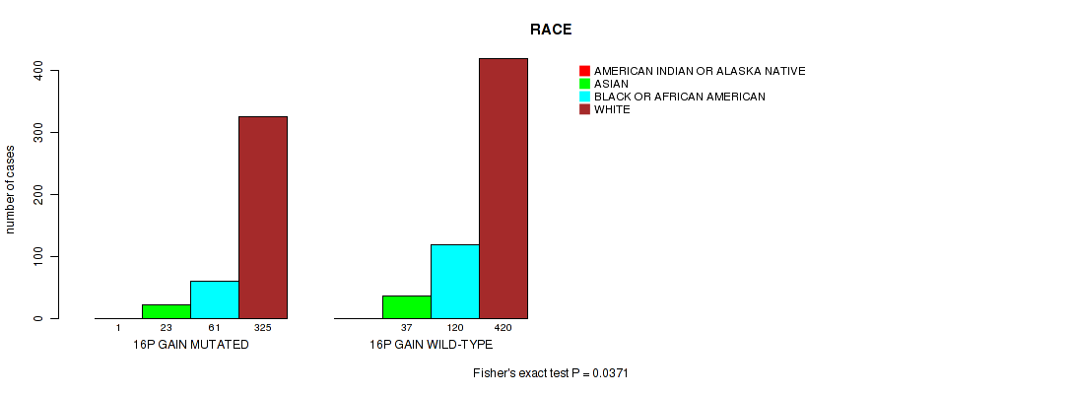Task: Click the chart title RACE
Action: tap(551, 30)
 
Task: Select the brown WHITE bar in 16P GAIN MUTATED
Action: tap(263, 218)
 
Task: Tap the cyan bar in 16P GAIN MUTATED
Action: tap(215, 300)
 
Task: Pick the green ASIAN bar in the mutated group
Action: tap(167, 312)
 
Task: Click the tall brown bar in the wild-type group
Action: tap(503, 188)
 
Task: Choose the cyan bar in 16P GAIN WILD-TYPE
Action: tap(455, 282)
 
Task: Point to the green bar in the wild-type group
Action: tap(407, 307)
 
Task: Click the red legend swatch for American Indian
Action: tap(584, 71)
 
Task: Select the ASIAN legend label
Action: tap(611, 84)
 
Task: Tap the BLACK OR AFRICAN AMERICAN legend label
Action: tap(680, 97)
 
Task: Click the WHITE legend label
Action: tap(612, 109)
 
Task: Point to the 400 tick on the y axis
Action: tap(37, 71)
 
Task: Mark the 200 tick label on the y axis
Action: tap(37, 195)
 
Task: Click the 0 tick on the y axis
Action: tap(37, 318)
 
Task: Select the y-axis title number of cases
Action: tap(10, 190)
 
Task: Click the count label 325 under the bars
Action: tap(263, 328)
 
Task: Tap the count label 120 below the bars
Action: tap(455, 328)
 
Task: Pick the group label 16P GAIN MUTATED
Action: tap(191, 345)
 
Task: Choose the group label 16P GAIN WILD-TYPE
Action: tap(432, 345)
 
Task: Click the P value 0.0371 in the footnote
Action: tap(612, 373)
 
